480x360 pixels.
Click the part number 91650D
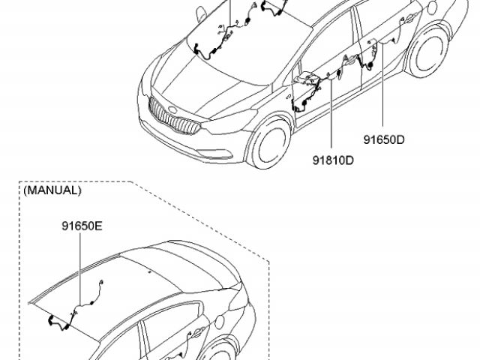(x=384, y=139)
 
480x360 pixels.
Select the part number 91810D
(x=333, y=160)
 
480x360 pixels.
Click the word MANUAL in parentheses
(x=52, y=190)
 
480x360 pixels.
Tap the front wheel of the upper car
(x=268, y=144)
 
